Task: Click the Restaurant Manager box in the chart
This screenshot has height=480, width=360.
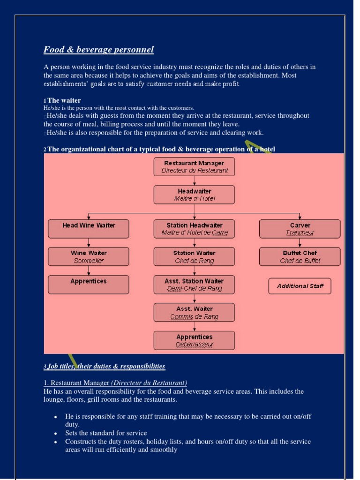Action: coord(194,166)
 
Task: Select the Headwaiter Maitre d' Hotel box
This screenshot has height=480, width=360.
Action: coord(194,195)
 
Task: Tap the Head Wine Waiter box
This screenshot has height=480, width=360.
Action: coord(89,228)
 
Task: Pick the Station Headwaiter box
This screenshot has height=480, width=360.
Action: coord(194,228)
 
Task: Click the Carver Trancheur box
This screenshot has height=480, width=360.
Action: coord(300,228)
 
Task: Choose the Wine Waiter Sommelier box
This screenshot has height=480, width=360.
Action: coord(89,256)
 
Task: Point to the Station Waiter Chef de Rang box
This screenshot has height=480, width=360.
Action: coord(194,256)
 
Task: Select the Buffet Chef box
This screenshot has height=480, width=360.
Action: coord(300,256)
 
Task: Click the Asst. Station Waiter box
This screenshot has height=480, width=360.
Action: coord(194,285)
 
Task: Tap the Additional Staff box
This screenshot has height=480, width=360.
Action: coord(300,286)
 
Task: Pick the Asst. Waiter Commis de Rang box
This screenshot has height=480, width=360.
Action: coord(194,312)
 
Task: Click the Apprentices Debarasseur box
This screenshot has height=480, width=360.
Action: coord(194,340)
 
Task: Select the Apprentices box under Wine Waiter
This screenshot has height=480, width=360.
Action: coord(89,285)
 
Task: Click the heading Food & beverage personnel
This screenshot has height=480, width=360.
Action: coord(98,50)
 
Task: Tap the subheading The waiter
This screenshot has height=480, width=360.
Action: coord(64,100)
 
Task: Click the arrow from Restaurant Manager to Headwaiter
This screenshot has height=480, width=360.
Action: coord(195,181)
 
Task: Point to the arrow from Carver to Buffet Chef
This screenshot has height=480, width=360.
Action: coord(300,243)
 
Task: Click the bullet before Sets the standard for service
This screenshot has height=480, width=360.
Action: coord(56,434)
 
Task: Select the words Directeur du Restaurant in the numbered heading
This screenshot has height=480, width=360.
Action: coord(149,382)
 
